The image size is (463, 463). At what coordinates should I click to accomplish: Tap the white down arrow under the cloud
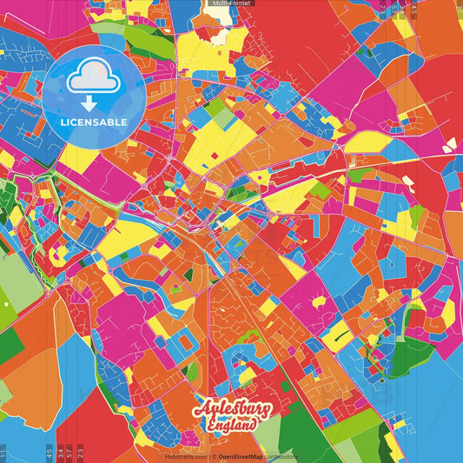[90, 102]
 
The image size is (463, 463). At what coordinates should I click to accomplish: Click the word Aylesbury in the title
[233, 409]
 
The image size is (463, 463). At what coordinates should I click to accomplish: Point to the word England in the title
[234, 425]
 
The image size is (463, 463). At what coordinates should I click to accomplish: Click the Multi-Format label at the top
[231, 3]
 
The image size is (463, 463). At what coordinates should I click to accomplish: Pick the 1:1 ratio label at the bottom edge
[3, 453]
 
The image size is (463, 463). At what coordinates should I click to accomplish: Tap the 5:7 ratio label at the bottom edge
[69, 453]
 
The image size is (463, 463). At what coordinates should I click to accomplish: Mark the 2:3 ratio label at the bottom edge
[80, 453]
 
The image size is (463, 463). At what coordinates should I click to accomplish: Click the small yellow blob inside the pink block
[319, 301]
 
